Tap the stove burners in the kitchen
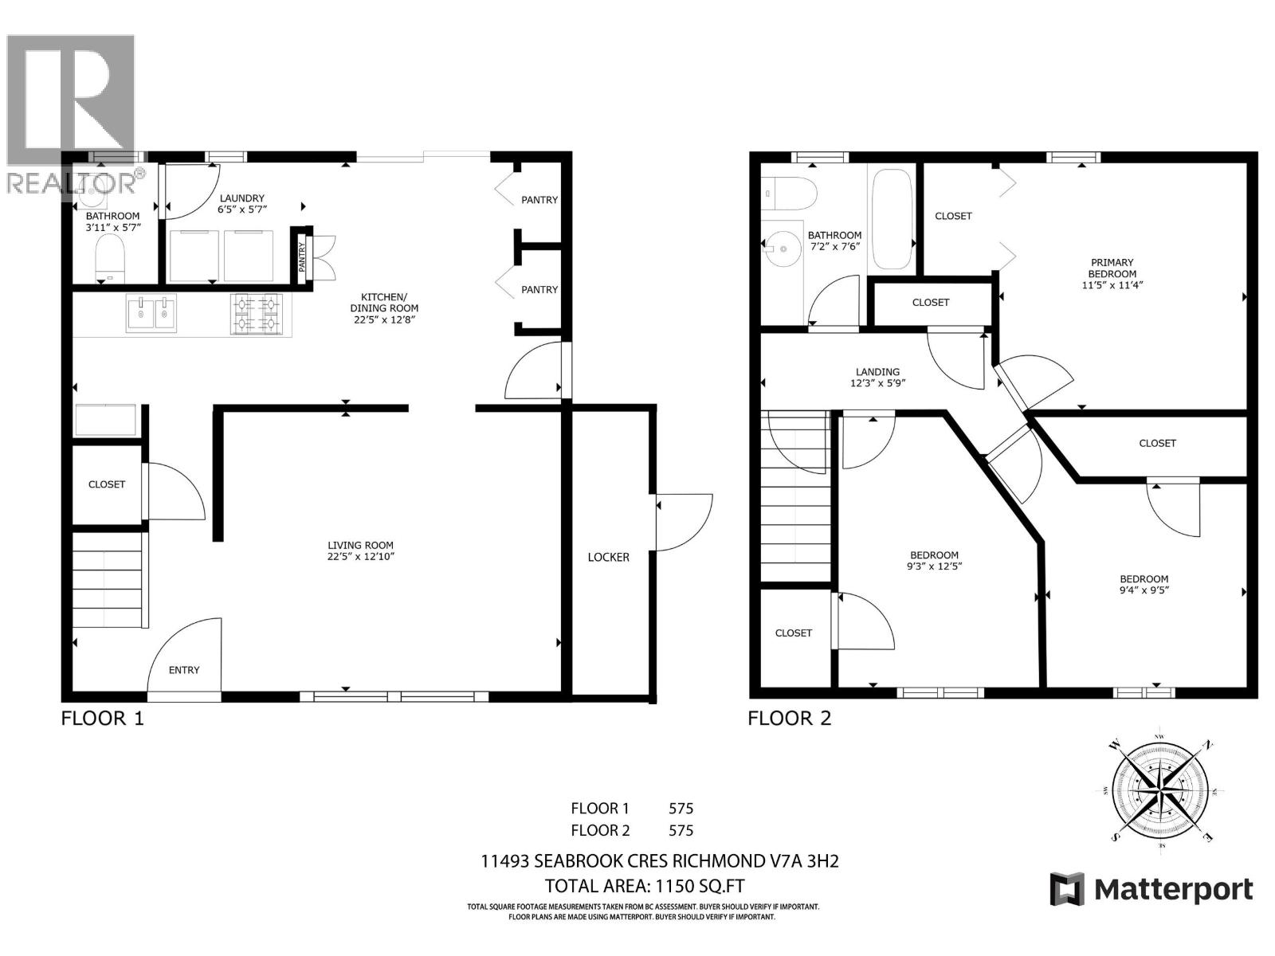[257, 313]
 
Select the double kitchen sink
[151, 313]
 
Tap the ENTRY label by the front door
[184, 670]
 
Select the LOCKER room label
[609, 557]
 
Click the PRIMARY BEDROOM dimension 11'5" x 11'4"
[1112, 284]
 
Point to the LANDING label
[877, 372]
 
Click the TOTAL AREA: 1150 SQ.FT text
[645, 886]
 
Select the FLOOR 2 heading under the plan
[789, 719]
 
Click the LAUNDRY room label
[241, 198]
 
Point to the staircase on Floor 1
[110, 580]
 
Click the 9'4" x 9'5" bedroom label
[1144, 590]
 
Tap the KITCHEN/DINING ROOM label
[384, 308]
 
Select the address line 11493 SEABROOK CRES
[660, 861]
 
